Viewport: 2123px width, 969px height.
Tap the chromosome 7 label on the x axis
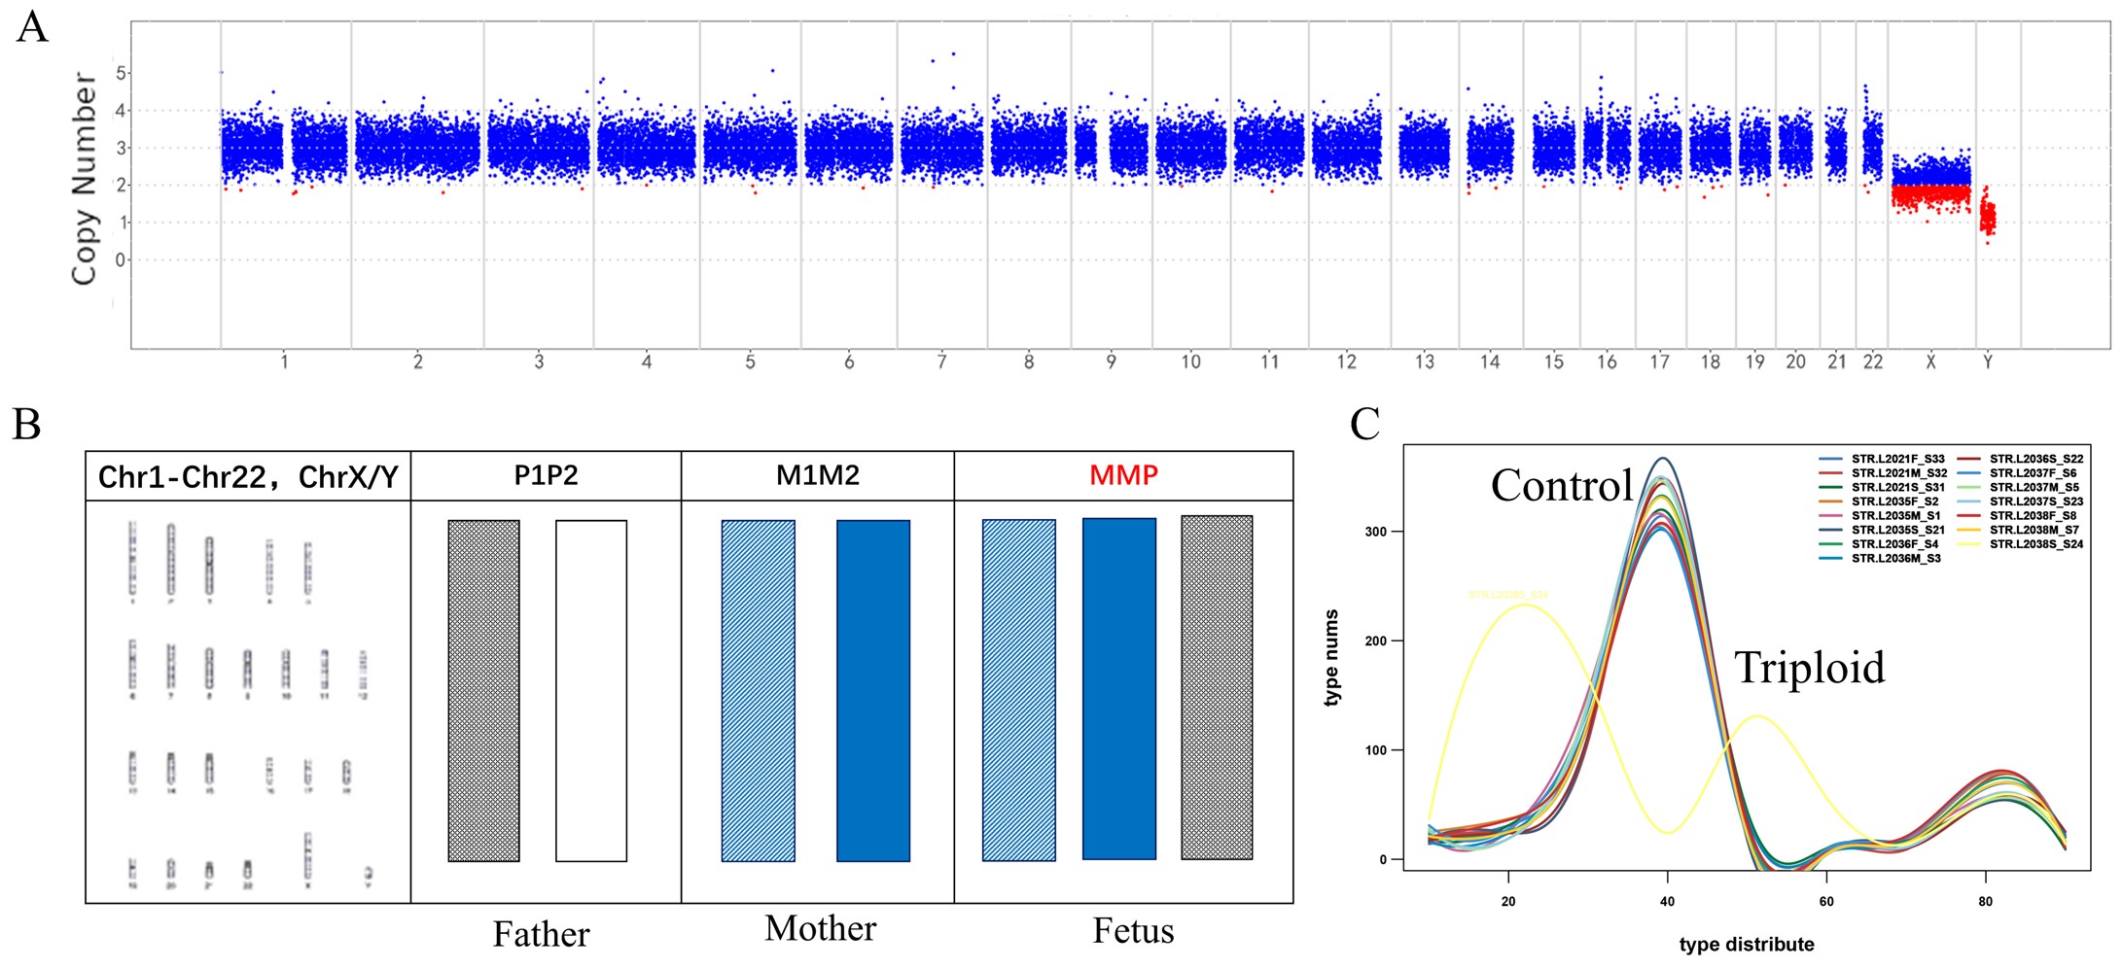[941, 363]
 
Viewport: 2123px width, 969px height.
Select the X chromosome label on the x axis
[1930, 363]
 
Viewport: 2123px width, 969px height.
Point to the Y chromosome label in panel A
[1988, 363]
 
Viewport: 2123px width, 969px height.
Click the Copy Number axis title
[85, 178]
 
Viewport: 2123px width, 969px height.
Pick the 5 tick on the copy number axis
[121, 74]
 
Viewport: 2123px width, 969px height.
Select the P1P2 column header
[546, 476]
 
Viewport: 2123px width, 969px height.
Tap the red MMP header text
[1123, 476]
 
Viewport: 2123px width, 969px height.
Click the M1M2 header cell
[817, 476]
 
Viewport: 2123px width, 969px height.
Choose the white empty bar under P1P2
[591, 691]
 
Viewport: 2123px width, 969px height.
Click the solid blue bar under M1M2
[873, 691]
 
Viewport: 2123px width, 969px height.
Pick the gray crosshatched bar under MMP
[1217, 688]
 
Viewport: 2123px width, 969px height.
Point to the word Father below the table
[541, 934]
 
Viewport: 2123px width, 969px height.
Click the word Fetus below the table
[1133, 931]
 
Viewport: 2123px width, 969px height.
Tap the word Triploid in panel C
[1809, 668]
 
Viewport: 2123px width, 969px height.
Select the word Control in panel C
[1562, 485]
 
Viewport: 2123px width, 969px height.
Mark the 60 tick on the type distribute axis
[1826, 901]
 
